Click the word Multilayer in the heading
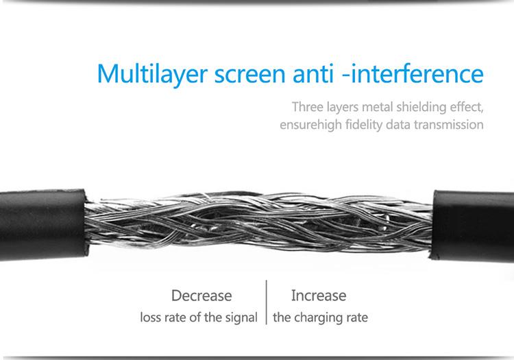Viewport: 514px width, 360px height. click(152, 75)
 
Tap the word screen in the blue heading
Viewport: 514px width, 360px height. click(249, 75)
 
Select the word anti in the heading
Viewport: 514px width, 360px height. click(313, 73)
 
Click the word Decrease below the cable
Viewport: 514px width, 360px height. click(201, 296)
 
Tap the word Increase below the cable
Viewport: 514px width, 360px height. click(319, 296)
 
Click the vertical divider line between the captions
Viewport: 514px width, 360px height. click(266, 302)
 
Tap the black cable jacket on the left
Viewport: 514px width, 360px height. click(42, 225)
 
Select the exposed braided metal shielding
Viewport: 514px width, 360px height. click(259, 224)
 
